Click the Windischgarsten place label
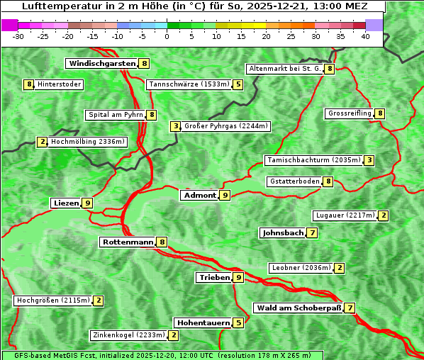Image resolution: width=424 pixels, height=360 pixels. [102, 64]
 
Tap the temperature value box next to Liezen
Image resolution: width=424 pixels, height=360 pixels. [87, 203]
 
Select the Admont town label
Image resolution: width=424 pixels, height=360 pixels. [199, 196]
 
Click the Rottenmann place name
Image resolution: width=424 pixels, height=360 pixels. [128, 242]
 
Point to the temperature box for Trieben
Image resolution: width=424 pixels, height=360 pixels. [239, 278]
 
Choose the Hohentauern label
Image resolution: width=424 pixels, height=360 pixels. [203, 323]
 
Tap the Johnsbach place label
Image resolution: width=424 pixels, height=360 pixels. [283, 232]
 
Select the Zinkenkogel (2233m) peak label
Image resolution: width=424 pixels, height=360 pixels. [128, 335]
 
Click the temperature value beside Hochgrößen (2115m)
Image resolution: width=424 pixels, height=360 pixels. [99, 300]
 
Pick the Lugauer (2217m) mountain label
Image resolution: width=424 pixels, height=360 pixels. [345, 215]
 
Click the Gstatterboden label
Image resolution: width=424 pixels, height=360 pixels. [294, 181]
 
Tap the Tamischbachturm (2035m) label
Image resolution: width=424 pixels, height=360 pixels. [313, 160]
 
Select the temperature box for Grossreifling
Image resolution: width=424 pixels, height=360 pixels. [381, 113]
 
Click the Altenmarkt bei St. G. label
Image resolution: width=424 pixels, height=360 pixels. [284, 69]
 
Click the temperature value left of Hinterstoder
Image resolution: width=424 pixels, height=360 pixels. [29, 85]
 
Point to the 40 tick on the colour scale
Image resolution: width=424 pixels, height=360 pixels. [365, 36]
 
